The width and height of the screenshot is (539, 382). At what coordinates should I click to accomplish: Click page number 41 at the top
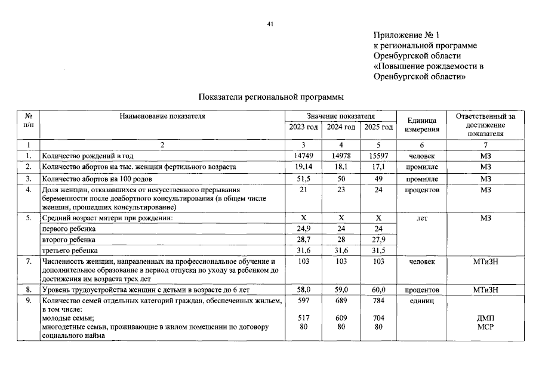coord(270,24)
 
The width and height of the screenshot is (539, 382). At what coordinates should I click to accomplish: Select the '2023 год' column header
coord(303,127)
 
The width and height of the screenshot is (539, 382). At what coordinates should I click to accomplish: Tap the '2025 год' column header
coord(378,127)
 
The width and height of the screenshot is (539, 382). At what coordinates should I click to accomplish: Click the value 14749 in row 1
coord(303,155)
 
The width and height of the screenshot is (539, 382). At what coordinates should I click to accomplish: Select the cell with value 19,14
coord(303,167)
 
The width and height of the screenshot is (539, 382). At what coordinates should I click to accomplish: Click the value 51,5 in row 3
coord(303,178)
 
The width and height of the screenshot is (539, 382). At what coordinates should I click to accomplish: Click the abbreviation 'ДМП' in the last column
coord(485,319)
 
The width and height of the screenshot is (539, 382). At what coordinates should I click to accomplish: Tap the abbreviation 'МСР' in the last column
coord(485,327)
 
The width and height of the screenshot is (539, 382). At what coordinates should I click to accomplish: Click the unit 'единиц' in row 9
coord(422,301)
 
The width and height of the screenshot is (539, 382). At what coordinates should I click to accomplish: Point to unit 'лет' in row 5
coord(422,218)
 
